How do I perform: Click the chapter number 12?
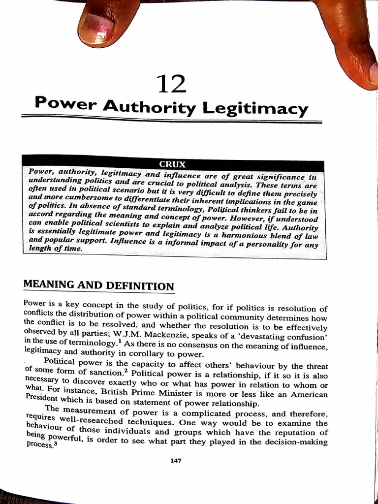(x=171, y=84)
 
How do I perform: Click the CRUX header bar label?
(x=172, y=164)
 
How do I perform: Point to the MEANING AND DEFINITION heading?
(x=98, y=285)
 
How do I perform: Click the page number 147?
(x=176, y=460)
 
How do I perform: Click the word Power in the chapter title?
(x=66, y=103)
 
